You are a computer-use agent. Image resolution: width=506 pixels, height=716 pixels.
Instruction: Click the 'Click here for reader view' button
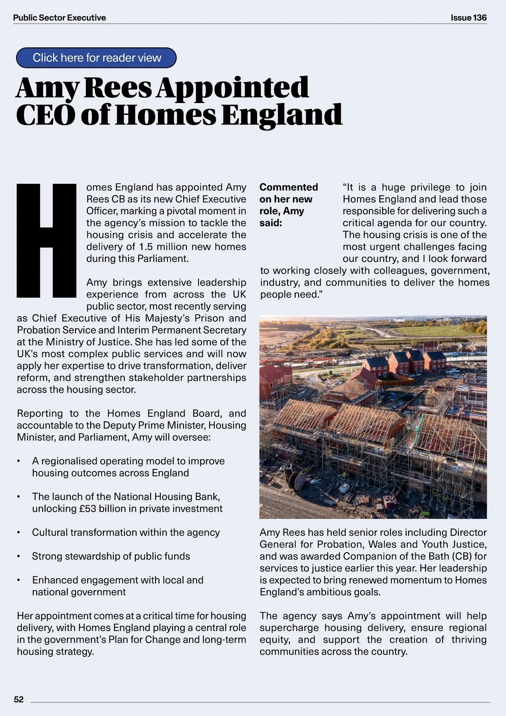pos(97,58)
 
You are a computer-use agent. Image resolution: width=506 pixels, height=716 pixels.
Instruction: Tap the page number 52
pos(19,699)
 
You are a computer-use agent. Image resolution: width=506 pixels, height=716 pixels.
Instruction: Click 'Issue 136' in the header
pos(468,18)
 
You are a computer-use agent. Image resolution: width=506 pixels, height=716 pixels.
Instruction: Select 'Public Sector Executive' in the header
pos(59,18)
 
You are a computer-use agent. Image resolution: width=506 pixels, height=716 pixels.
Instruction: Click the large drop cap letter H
pos(46,240)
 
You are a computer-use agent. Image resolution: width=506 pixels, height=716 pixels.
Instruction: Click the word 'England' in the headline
pos(282,115)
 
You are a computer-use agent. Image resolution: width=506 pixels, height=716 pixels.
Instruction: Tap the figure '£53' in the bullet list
pos(87,509)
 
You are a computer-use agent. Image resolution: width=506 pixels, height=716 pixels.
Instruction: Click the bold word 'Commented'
pos(289,187)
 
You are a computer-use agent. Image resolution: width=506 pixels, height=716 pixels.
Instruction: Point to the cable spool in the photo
pos(298,481)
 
